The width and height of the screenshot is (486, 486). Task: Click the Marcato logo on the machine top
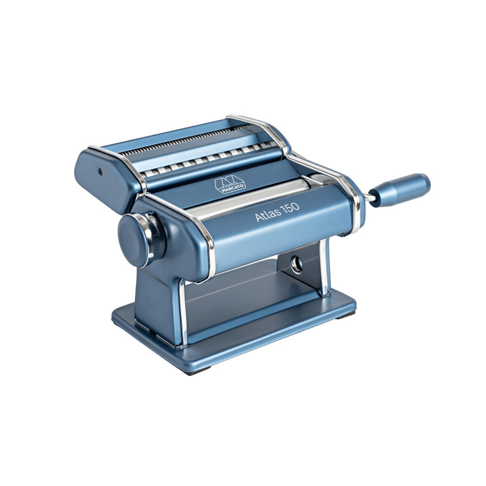tap(230, 185)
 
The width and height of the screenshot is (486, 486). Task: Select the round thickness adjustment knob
tap(135, 240)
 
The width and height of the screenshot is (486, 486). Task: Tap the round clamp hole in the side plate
tap(296, 264)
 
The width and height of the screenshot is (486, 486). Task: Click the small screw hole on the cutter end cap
tap(100, 171)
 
